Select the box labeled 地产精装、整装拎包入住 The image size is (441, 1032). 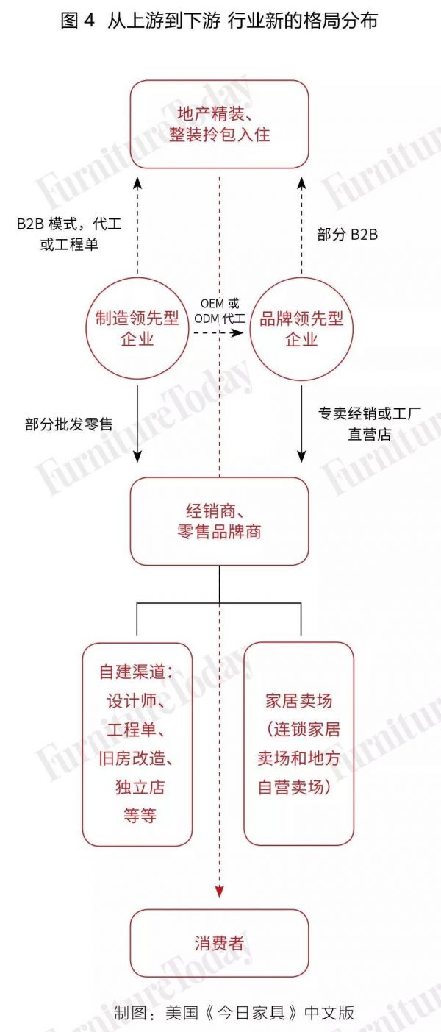point(219,124)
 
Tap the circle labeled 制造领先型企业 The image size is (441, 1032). point(137,328)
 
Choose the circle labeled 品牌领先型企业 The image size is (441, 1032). point(301,328)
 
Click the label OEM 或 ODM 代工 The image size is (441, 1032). point(218,310)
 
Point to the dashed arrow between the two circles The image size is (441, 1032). point(218,333)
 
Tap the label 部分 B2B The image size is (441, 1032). point(348,234)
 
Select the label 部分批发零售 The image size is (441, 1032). point(68,424)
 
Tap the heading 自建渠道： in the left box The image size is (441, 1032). point(136,673)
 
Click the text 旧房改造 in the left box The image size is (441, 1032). point(136,758)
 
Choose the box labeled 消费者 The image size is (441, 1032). point(219,943)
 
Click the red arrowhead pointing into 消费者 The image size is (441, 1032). point(219,892)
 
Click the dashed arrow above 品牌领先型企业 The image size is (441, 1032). point(301,228)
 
